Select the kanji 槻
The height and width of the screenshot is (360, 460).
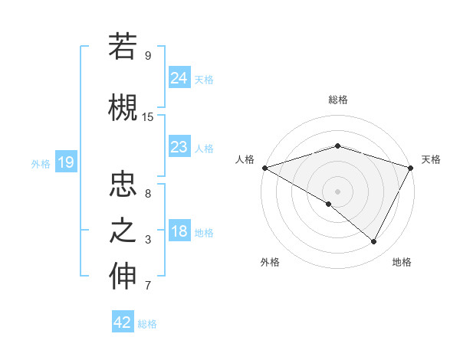[123, 106]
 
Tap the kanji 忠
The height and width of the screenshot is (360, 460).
[123, 184]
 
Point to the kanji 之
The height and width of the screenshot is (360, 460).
[123, 231]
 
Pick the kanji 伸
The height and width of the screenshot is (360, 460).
[123, 277]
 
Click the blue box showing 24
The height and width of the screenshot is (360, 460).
[179, 77]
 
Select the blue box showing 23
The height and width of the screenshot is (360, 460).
[179, 147]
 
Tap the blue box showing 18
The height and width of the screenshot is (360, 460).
[179, 232]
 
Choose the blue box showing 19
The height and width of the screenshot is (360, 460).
[65, 162]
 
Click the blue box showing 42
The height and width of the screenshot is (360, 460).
[123, 322]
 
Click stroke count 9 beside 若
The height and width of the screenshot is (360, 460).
[147, 56]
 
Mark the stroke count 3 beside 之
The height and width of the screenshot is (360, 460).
[147, 241]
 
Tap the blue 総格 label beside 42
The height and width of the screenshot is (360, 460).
[147, 324]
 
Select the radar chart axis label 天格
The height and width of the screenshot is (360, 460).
[431, 159]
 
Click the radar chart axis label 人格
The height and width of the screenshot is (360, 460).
[245, 159]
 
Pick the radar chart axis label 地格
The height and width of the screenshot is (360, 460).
[402, 262]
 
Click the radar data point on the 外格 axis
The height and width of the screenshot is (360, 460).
[329, 204]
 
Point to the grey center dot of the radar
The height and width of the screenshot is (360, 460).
[337, 191]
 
